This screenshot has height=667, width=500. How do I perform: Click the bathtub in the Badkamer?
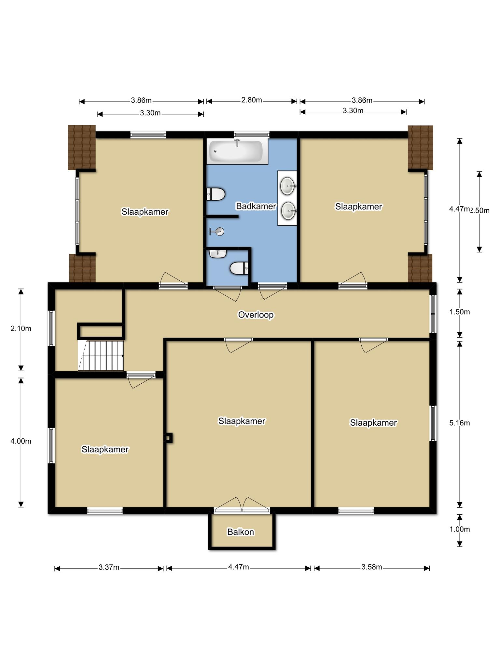coord(237,151)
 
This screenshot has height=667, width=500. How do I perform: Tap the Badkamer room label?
coord(256,206)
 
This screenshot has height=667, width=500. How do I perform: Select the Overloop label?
coord(256,315)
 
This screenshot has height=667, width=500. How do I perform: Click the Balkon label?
coord(241,532)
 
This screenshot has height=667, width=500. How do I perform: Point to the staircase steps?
coord(101,356)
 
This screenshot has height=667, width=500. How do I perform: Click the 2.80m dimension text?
coord(252,100)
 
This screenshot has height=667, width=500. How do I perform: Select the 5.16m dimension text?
coord(460,423)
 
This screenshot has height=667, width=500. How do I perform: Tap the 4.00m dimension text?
coord(21,441)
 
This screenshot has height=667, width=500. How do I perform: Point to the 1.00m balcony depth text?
coord(460,529)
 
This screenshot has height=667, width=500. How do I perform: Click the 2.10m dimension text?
coord(21,329)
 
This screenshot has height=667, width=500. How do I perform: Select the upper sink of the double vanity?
coord(288,186)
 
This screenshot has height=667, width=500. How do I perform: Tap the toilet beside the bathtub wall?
coord(216,194)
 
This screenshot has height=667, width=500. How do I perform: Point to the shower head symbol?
coord(217,232)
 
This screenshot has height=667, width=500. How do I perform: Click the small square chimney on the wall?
coord(169,438)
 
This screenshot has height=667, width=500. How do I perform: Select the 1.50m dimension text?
coord(460,312)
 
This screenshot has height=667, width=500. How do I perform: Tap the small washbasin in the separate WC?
coord(218,254)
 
